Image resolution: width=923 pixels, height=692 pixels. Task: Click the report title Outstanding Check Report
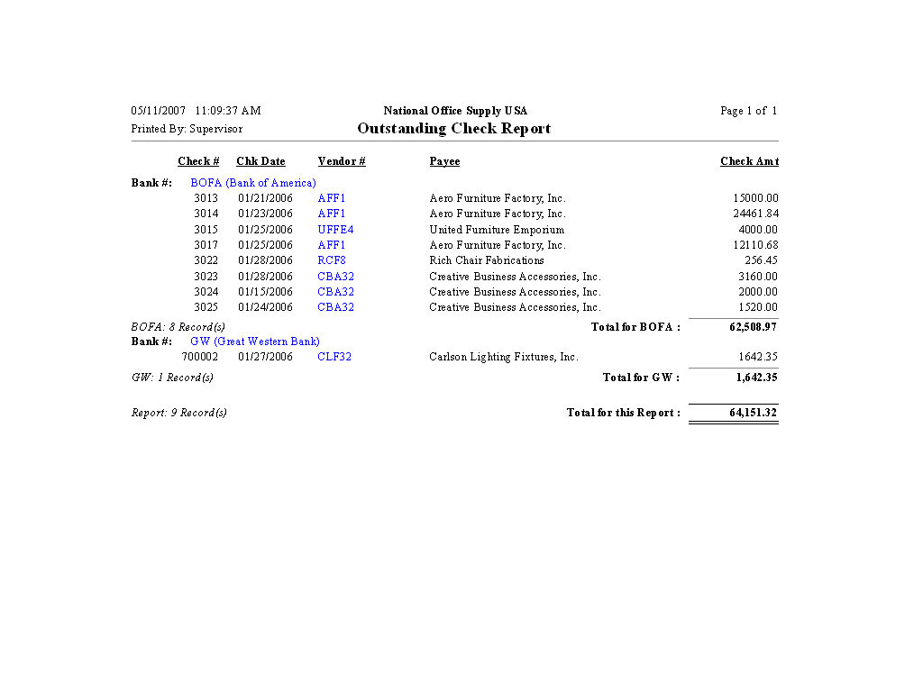point(453,128)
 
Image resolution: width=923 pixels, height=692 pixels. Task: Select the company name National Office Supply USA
point(455,111)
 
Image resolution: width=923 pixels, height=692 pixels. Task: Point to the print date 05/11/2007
point(158,111)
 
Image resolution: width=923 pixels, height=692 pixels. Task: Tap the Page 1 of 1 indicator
point(748,111)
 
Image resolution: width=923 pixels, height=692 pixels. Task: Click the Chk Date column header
point(260,161)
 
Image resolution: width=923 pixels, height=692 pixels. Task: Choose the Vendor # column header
point(342,161)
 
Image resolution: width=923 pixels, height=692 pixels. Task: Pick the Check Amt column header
point(749,161)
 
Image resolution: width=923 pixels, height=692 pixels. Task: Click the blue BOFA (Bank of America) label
point(253,183)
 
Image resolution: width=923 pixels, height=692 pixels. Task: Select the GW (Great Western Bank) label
point(255,341)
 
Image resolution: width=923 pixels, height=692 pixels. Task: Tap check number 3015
point(206,230)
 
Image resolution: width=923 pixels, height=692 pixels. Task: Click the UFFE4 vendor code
point(335,230)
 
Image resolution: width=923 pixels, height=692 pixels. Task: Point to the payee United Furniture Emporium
point(497,230)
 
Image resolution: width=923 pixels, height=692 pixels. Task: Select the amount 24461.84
point(755,214)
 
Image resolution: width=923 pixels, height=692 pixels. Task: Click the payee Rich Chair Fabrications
point(487,260)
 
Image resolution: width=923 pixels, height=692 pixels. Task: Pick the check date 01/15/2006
point(265,292)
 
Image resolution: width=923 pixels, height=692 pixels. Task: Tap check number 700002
point(200,357)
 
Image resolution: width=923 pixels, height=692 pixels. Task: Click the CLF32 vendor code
point(334,357)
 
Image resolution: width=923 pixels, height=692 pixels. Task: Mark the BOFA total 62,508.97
point(753,327)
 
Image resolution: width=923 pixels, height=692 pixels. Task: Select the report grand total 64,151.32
point(753,413)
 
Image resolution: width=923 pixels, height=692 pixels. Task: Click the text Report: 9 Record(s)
point(179,413)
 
